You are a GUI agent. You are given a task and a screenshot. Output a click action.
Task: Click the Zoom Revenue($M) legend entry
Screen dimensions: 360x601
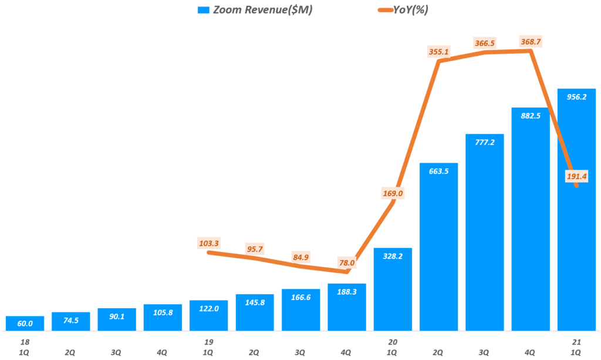pos(255,10)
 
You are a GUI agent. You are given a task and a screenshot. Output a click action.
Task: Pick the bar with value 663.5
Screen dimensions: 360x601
pos(439,247)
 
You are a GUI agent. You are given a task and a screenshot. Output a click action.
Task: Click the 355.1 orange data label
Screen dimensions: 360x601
pos(439,52)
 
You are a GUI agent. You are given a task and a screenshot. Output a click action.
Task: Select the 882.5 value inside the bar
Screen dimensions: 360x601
pos(531,116)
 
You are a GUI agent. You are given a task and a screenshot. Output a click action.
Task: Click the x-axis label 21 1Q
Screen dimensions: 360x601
pos(576,348)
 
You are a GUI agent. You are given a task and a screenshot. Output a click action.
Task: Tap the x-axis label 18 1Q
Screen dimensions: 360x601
pos(25,348)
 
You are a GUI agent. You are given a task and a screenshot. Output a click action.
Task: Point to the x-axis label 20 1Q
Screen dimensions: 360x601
pos(393,348)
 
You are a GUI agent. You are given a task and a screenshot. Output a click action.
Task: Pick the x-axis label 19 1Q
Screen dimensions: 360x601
pos(209,348)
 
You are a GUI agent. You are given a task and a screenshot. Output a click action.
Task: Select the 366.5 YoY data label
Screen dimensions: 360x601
pos(485,43)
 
